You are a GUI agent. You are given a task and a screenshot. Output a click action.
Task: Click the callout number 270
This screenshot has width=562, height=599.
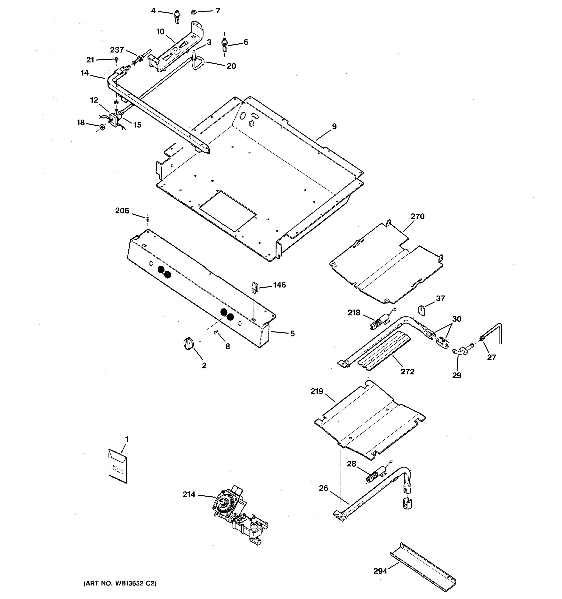tap(417, 217)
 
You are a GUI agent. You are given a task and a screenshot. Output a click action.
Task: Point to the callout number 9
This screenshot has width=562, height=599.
tap(334, 127)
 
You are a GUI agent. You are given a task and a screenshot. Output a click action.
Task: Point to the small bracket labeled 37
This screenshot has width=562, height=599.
tap(422, 310)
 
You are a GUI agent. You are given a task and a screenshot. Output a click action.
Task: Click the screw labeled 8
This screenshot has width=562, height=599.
tap(216, 332)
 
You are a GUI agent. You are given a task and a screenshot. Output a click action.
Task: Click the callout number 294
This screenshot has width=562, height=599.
tap(380, 571)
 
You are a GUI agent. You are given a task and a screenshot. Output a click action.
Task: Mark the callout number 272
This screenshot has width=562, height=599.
tap(407, 372)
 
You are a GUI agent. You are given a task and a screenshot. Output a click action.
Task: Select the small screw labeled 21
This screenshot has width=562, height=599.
tap(116, 59)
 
